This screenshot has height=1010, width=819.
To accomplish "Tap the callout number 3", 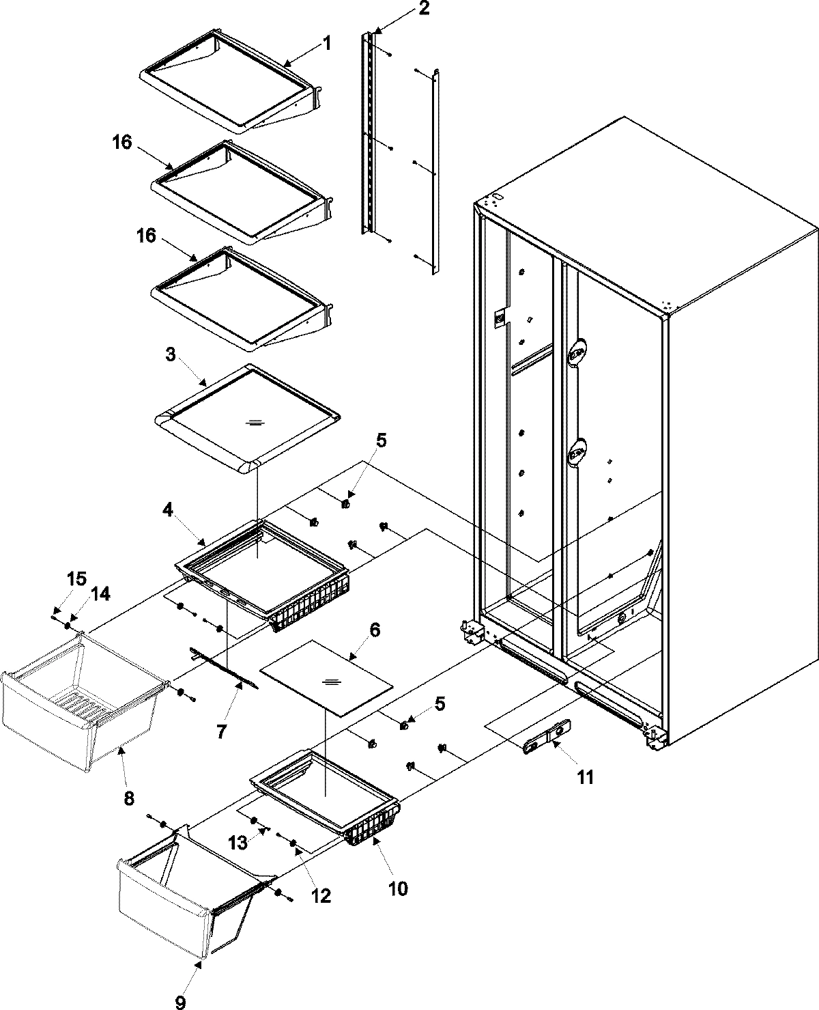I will (x=171, y=354).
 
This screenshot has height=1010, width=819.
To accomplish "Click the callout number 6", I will (x=375, y=630).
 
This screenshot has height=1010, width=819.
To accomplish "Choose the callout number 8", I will (x=128, y=797).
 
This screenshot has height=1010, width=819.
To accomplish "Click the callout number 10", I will (x=398, y=888).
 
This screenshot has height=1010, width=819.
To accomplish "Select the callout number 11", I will (x=586, y=776).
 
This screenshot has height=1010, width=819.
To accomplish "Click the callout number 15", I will (x=76, y=579).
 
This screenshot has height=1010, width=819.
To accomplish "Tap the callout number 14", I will (x=100, y=594).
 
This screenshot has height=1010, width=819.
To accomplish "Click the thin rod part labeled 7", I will (x=225, y=673).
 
